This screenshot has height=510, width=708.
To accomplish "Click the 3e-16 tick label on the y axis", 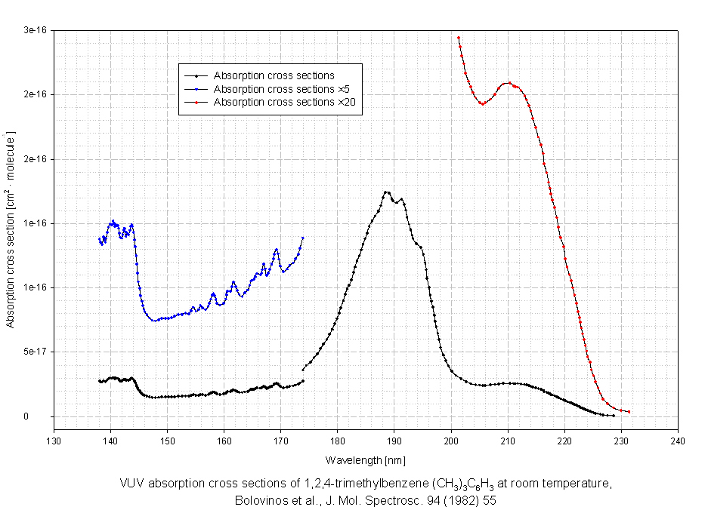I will coord(35,29).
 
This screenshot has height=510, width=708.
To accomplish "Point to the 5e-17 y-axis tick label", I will coord(35,352).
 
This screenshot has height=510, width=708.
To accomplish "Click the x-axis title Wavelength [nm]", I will coord(366,459).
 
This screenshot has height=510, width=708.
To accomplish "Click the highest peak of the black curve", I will coord(386,192).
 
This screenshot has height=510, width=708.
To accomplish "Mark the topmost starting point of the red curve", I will coord(458,38).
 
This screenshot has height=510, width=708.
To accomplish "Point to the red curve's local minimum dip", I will coord(481,103).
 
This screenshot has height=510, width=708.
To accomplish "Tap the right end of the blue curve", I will coord(303,238).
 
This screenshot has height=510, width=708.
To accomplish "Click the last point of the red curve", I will coord(629,412).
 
